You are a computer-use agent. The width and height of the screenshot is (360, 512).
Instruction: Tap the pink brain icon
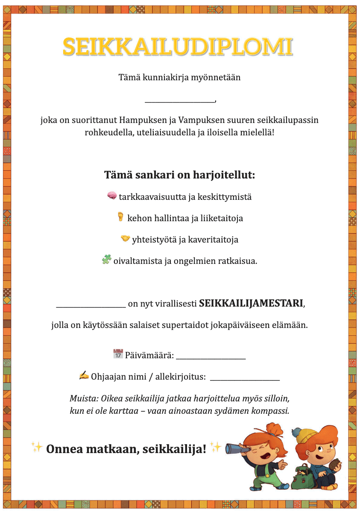(x=112, y=196)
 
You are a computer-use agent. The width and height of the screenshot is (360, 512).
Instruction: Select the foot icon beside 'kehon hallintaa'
(x=120, y=217)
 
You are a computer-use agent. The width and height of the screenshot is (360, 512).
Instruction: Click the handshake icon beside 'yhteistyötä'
(x=125, y=238)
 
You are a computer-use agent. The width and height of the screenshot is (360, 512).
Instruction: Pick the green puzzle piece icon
(x=106, y=259)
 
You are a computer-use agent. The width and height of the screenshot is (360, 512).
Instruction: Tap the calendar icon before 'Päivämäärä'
(x=118, y=354)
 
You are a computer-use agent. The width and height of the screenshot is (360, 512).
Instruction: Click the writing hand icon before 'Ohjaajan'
(x=84, y=375)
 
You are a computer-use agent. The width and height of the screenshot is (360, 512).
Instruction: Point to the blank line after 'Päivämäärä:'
(x=211, y=358)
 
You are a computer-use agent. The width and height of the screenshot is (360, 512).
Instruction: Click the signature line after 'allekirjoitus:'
(x=245, y=379)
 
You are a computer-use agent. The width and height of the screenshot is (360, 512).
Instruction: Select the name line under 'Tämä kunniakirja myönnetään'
(x=180, y=101)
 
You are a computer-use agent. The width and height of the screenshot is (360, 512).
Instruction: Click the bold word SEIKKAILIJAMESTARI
(x=251, y=304)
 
